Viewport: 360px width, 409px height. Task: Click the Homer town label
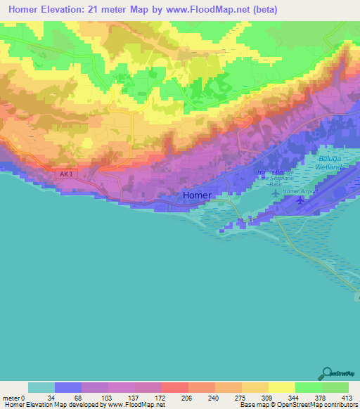click(197, 196)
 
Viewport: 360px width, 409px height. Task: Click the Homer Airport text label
click(297, 191)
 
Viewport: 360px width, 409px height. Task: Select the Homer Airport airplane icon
click(302, 202)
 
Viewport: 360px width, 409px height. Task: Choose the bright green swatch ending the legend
click(335, 388)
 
